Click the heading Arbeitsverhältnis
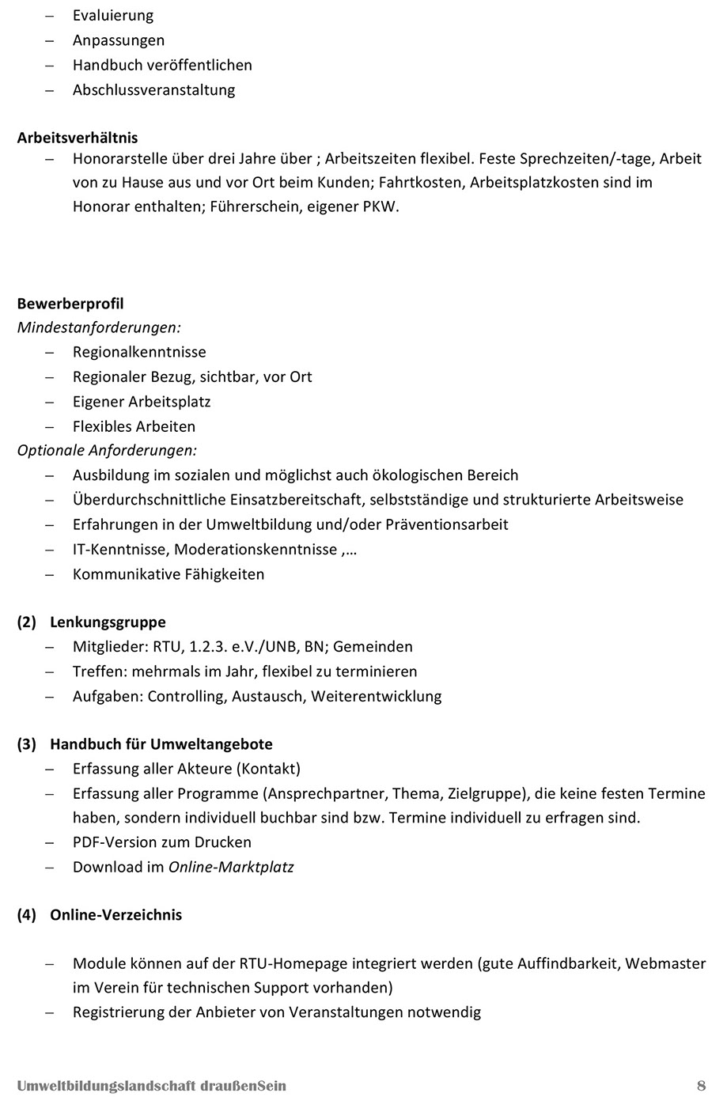pyautogui.click(x=78, y=138)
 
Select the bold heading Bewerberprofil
pyautogui.click(x=70, y=304)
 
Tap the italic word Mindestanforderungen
pyautogui.click(x=98, y=327)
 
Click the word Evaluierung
pyautogui.click(x=113, y=15)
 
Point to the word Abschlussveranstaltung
pyautogui.click(x=153, y=89)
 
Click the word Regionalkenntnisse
pyautogui.click(x=139, y=352)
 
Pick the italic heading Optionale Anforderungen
pyautogui.click(x=107, y=450)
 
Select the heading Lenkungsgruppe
pyautogui.click(x=108, y=622)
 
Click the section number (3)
pyautogui.click(x=27, y=743)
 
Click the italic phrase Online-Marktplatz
pyautogui.click(x=231, y=867)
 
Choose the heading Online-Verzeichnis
pyautogui.click(x=115, y=914)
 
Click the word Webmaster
pyautogui.click(x=669, y=963)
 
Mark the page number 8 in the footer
pyautogui.click(x=701, y=1085)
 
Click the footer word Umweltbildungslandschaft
pyautogui.click(x=105, y=1085)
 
